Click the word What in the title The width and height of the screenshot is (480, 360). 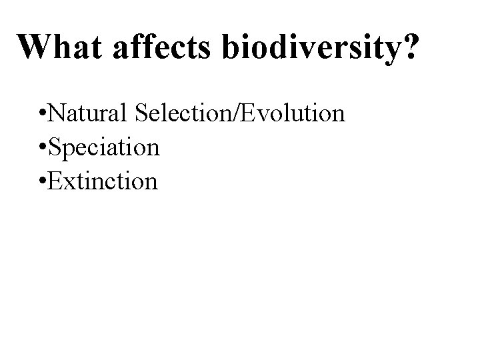pos(57,47)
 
